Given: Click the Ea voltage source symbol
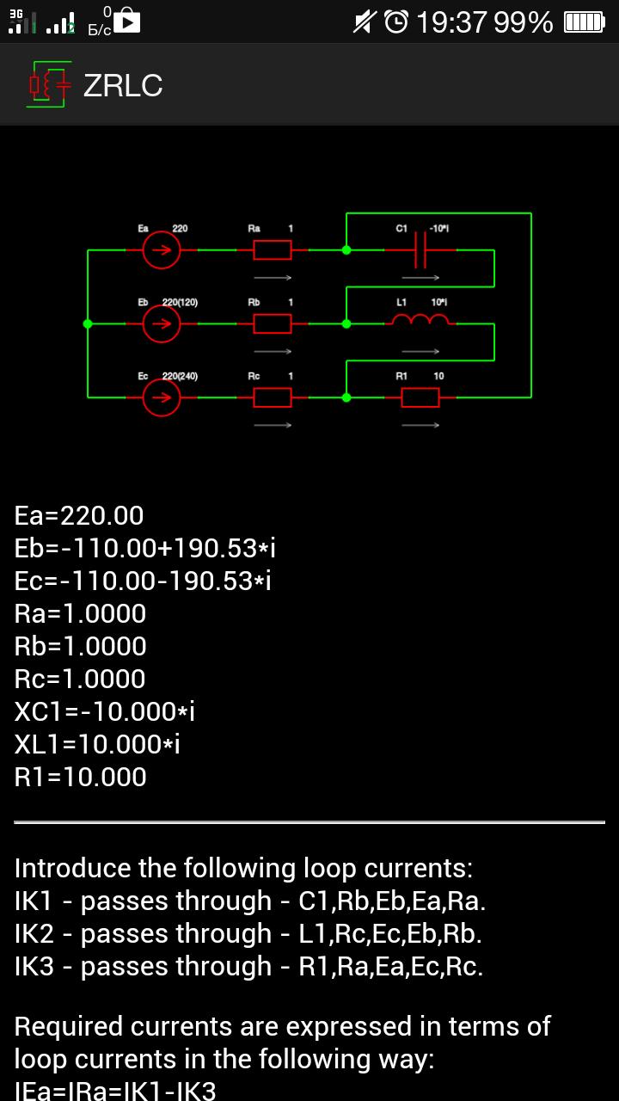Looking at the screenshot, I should (162, 250).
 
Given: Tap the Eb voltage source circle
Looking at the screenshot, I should (162, 324).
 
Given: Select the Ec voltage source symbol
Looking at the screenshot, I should (162, 397).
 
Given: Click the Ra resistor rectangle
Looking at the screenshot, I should (272, 250).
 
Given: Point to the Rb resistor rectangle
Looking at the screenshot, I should (272, 324).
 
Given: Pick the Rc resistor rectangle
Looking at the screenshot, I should (272, 397).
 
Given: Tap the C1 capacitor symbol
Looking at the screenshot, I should (420, 250).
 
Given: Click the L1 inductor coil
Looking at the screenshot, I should (420, 321).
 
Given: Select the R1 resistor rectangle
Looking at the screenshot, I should (420, 397).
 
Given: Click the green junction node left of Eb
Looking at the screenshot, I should (88, 324).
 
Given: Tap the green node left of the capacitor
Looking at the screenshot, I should (346, 250).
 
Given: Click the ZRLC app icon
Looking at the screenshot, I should (48, 85).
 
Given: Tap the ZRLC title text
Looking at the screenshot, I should (123, 85).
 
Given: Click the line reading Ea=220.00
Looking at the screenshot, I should (79, 516).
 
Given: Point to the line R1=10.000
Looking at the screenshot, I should (81, 778).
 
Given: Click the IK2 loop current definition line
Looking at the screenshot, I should (248, 934).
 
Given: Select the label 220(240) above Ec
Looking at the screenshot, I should (180, 377).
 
